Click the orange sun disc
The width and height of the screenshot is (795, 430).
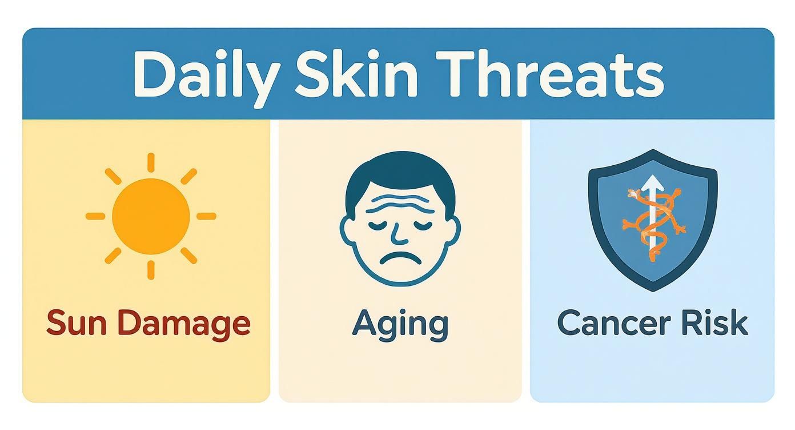(151, 216)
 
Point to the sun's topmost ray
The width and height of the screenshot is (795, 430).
(151, 162)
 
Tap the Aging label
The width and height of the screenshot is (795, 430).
(400, 324)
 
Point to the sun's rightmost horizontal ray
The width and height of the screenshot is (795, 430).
(206, 216)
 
